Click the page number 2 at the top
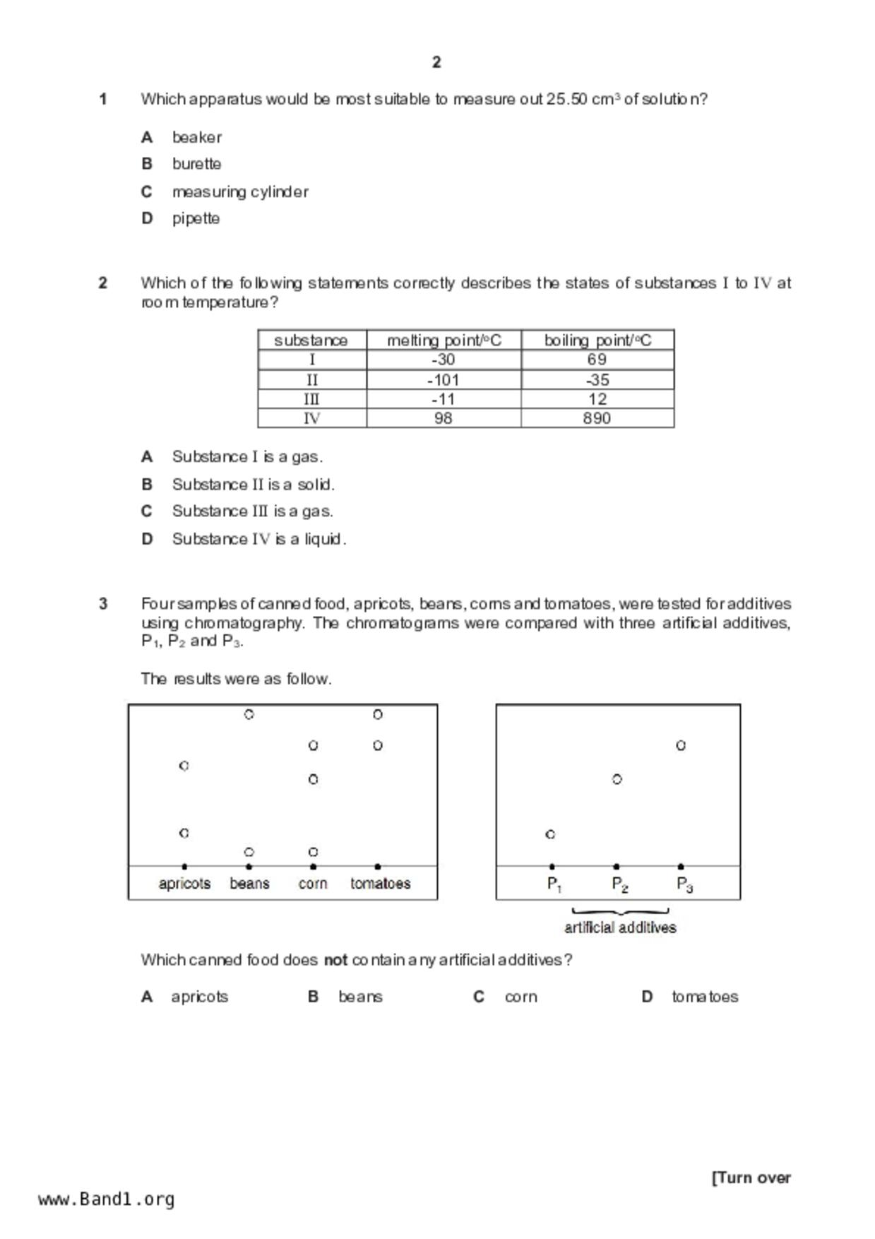click(x=436, y=62)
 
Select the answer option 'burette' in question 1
click(x=196, y=164)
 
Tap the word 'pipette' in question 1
click(x=196, y=218)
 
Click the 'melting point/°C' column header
click(x=444, y=340)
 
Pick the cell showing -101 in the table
click(x=444, y=380)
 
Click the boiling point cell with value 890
click(x=597, y=418)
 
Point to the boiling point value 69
click(x=597, y=360)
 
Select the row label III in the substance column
click(x=311, y=399)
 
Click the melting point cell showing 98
click(x=444, y=418)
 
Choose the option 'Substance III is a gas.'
click(x=252, y=511)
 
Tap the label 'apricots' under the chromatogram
click(x=184, y=884)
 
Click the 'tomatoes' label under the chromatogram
click(x=380, y=884)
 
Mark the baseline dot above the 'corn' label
click(x=313, y=867)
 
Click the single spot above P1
click(x=551, y=834)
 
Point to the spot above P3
click(x=681, y=745)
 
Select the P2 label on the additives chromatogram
click(x=619, y=884)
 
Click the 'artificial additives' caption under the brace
click(x=620, y=927)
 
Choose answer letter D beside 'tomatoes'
click(x=647, y=997)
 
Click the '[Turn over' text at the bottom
click(x=751, y=1178)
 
